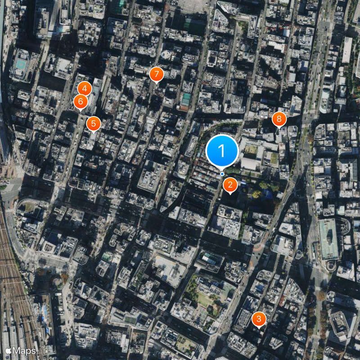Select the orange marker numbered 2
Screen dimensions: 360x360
(x=230, y=184)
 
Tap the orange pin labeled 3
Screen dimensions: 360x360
(x=259, y=319)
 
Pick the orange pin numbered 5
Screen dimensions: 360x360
(x=93, y=123)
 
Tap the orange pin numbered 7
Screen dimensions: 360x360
(x=156, y=73)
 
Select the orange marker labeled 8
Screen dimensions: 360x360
(x=279, y=119)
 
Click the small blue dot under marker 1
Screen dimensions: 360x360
(x=222, y=174)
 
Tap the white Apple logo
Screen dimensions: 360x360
(x=8, y=350)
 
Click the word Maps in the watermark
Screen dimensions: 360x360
(x=24, y=350)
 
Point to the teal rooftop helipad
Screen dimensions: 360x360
(x=20, y=65)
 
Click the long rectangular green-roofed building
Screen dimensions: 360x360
(x=328, y=238)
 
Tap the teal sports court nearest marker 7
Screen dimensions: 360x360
(x=185, y=99)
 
